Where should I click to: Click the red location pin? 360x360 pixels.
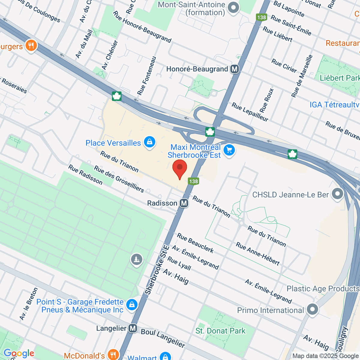click(x=180, y=169)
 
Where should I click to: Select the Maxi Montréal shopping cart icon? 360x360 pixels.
click(x=229, y=150)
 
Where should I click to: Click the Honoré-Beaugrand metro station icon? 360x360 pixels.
click(x=235, y=69)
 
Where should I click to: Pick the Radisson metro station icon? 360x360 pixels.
click(x=184, y=203)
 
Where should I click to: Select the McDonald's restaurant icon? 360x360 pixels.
click(x=113, y=355)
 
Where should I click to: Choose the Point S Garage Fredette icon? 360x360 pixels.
click(x=131, y=305)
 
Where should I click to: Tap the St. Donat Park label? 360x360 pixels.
click(x=220, y=331)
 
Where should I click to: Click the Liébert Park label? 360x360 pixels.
click(x=339, y=78)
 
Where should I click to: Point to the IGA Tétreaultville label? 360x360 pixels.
click(x=334, y=105)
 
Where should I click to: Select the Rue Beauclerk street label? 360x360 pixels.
click(x=195, y=243)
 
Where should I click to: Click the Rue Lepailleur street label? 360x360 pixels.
click(x=250, y=112)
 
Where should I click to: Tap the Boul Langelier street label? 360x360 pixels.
click(x=163, y=338)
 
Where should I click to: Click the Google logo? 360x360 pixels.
click(x=19, y=353)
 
